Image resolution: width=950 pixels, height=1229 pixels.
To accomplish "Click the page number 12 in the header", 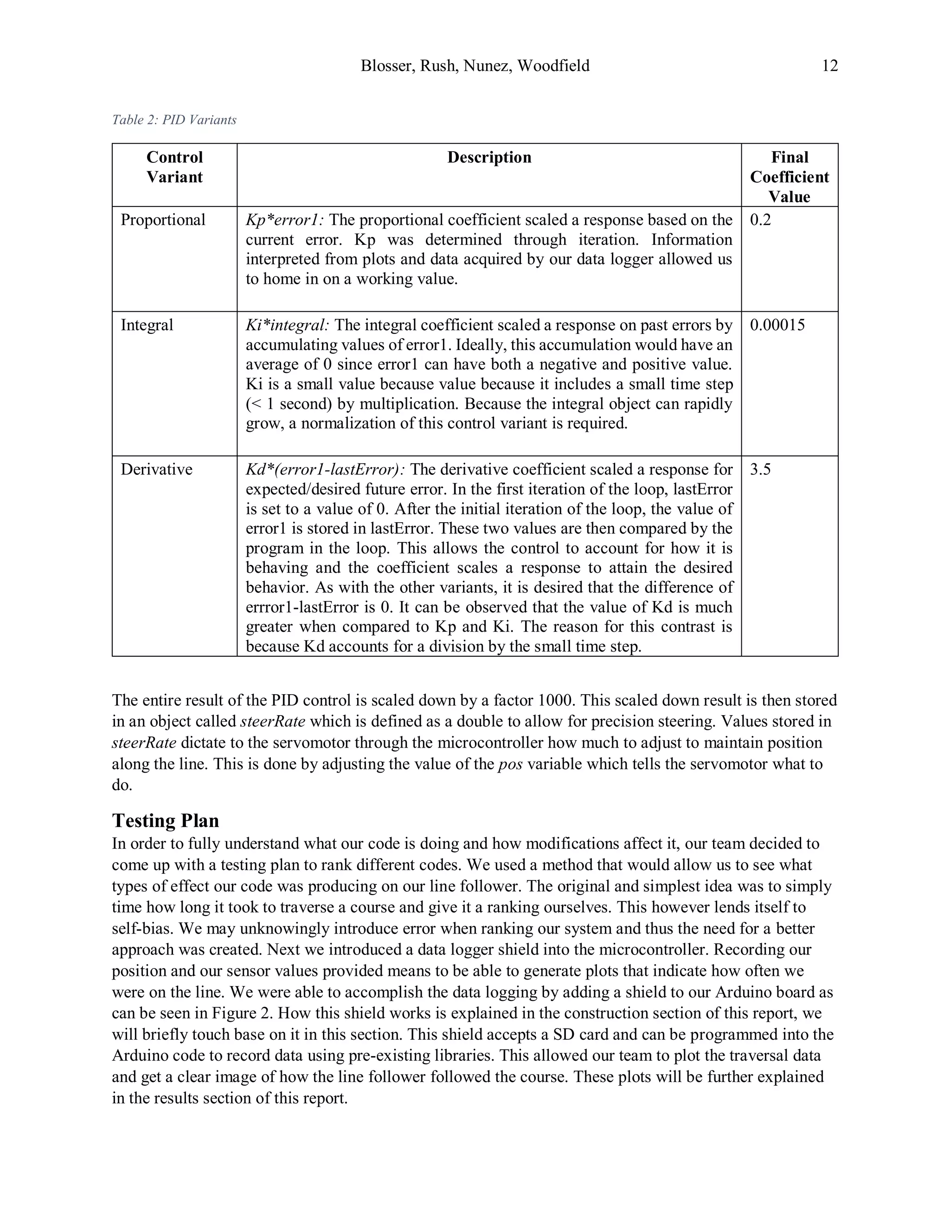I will (829, 66).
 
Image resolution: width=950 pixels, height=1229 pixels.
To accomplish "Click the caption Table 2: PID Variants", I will (174, 120).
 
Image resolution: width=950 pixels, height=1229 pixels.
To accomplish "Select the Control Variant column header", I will (174, 167).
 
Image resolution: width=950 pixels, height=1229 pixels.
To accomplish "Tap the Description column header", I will (489, 157).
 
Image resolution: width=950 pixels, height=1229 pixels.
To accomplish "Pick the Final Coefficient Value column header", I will (789, 177).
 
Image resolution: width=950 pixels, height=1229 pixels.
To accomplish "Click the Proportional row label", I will (163, 219).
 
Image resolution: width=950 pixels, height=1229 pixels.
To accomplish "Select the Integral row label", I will (147, 325).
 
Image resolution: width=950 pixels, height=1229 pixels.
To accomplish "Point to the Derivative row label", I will (156, 469).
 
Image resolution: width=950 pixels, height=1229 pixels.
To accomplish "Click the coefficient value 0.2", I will (760, 219).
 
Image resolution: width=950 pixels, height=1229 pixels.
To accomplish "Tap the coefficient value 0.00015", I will (777, 325).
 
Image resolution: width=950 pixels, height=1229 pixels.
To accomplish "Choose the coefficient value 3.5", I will (760, 469).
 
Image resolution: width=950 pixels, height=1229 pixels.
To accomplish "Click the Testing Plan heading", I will (166, 820).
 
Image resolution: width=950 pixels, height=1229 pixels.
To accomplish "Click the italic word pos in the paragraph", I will (508, 764).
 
